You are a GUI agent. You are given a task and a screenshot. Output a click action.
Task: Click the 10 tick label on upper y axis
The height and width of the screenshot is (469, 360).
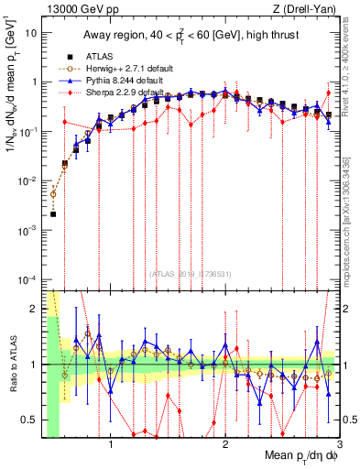point(30,32)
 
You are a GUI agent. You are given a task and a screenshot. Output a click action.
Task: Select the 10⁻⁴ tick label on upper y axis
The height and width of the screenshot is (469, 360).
point(27,278)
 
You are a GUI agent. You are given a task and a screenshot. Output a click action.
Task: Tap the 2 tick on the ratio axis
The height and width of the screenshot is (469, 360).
point(32,309)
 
